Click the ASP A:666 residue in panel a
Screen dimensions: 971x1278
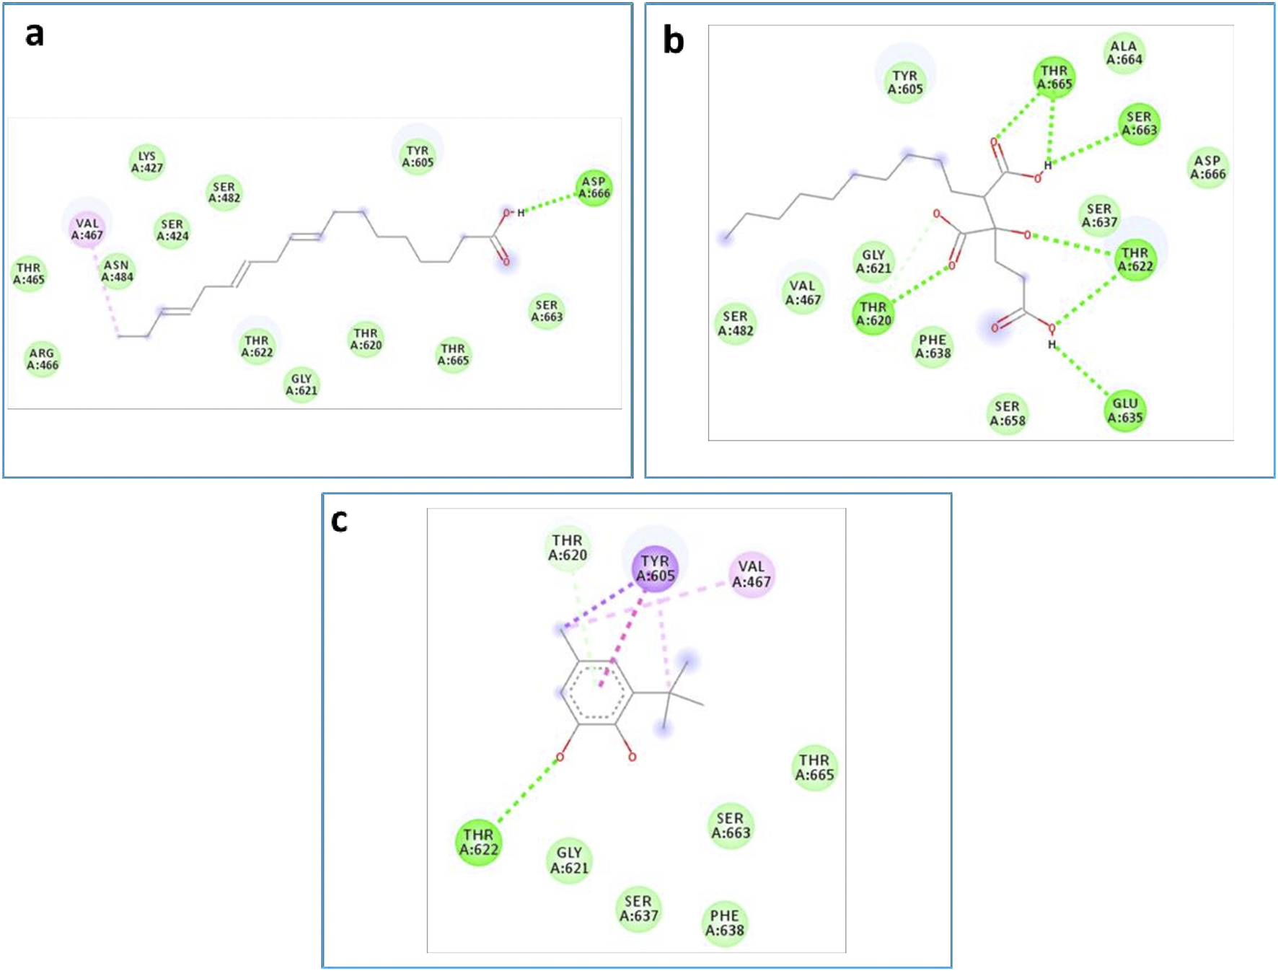[594, 188]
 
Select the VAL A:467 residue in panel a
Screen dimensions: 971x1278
[87, 229]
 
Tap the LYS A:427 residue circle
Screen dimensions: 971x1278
[147, 162]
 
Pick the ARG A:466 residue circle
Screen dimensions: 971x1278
[43, 359]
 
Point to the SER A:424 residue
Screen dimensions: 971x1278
[172, 230]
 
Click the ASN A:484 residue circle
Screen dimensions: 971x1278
[117, 271]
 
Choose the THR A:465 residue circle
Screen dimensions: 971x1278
[29, 273]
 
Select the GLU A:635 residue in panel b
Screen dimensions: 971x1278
[1124, 410]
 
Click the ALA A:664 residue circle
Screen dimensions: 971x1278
[1124, 53]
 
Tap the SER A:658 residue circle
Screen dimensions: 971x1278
[1007, 413]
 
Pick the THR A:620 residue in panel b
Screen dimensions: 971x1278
[873, 314]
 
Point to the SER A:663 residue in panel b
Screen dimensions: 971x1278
[1139, 123]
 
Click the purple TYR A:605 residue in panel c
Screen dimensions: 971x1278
[655, 568]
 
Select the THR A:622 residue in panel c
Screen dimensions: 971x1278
[478, 842]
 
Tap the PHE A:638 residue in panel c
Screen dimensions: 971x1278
[724, 923]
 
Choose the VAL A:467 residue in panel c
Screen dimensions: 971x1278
[752, 574]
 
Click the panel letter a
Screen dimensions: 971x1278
[35, 35]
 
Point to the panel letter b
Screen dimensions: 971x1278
[673, 40]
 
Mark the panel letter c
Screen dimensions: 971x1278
[339, 520]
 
